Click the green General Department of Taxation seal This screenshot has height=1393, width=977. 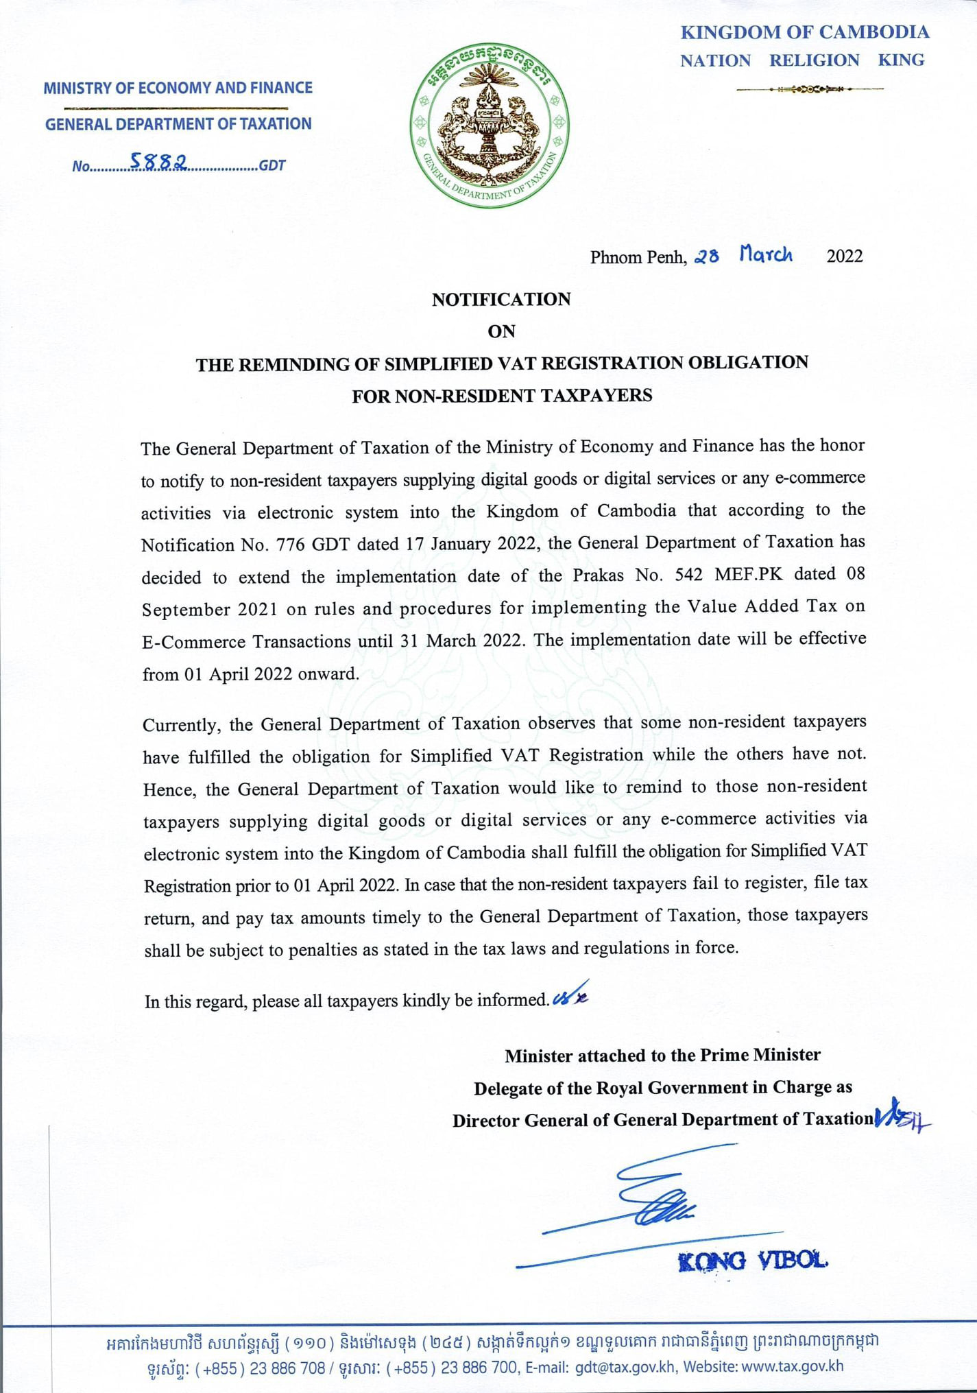point(490,126)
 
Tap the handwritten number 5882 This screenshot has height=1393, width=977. point(159,162)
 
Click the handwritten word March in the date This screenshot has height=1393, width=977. point(766,255)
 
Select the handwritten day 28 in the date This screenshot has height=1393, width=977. point(707,257)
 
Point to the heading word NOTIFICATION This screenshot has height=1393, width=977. point(501,300)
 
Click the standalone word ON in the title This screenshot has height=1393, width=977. point(501,331)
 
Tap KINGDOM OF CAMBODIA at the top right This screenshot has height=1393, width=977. point(804,32)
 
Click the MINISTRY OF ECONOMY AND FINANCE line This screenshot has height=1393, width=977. point(178,88)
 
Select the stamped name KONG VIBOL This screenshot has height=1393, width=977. point(752,1261)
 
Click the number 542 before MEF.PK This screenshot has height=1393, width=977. point(686,575)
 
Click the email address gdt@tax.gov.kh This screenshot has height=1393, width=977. point(625,1367)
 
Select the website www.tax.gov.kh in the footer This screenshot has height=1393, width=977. point(793,1366)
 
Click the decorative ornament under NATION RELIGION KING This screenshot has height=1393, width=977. point(810,89)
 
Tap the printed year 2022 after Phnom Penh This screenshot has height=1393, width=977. point(844,257)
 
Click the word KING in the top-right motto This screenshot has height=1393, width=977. point(901,60)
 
